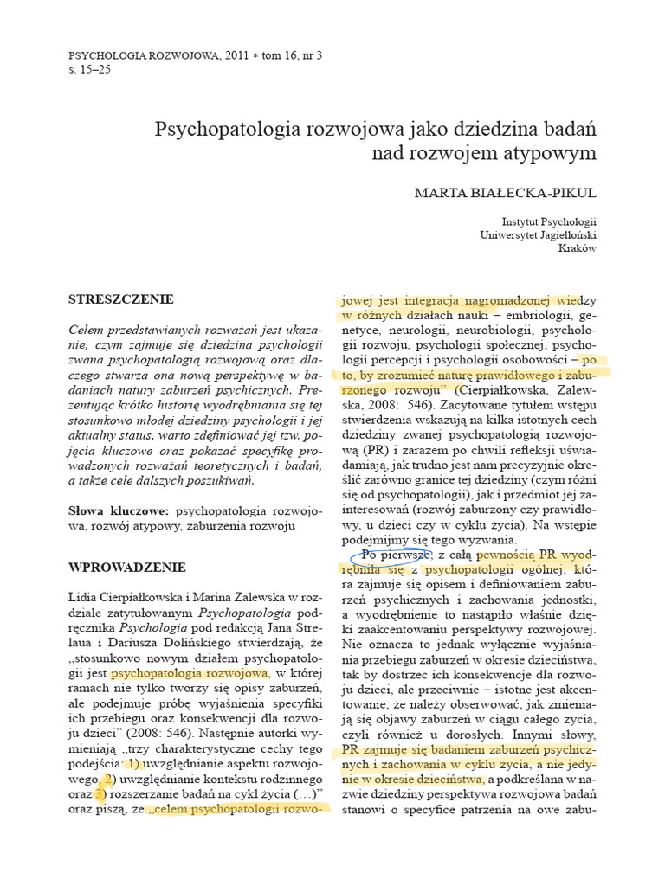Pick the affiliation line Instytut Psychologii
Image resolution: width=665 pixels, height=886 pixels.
[549, 221]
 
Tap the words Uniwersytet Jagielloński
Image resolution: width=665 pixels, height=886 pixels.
[538, 234]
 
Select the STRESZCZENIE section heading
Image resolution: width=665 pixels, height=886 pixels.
[121, 299]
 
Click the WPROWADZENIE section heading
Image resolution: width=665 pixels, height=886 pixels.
[126, 568]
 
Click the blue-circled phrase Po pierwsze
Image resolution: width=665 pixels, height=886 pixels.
[391, 555]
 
